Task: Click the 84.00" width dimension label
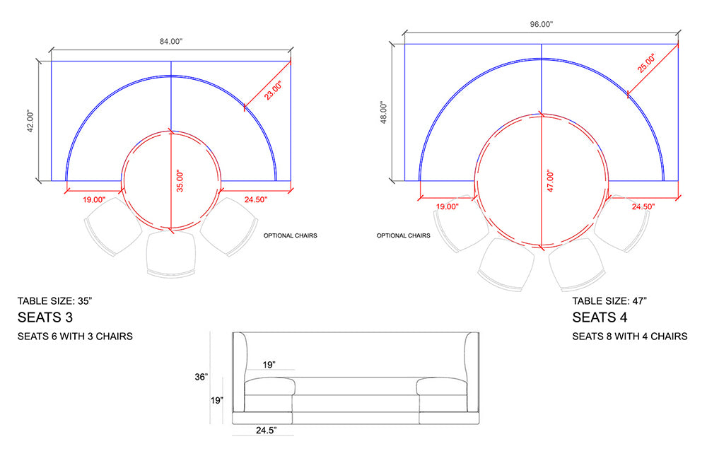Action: coord(171,42)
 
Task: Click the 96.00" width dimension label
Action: coord(541,24)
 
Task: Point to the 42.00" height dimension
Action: coord(30,121)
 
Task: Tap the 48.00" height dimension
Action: coord(384,112)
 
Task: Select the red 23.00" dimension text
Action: coord(273,90)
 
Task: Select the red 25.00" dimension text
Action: coord(646,63)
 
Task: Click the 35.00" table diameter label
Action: coord(180,181)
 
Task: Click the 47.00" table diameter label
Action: coord(550,181)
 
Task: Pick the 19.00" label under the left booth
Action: coord(94,199)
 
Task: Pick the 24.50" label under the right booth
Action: coord(643,206)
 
